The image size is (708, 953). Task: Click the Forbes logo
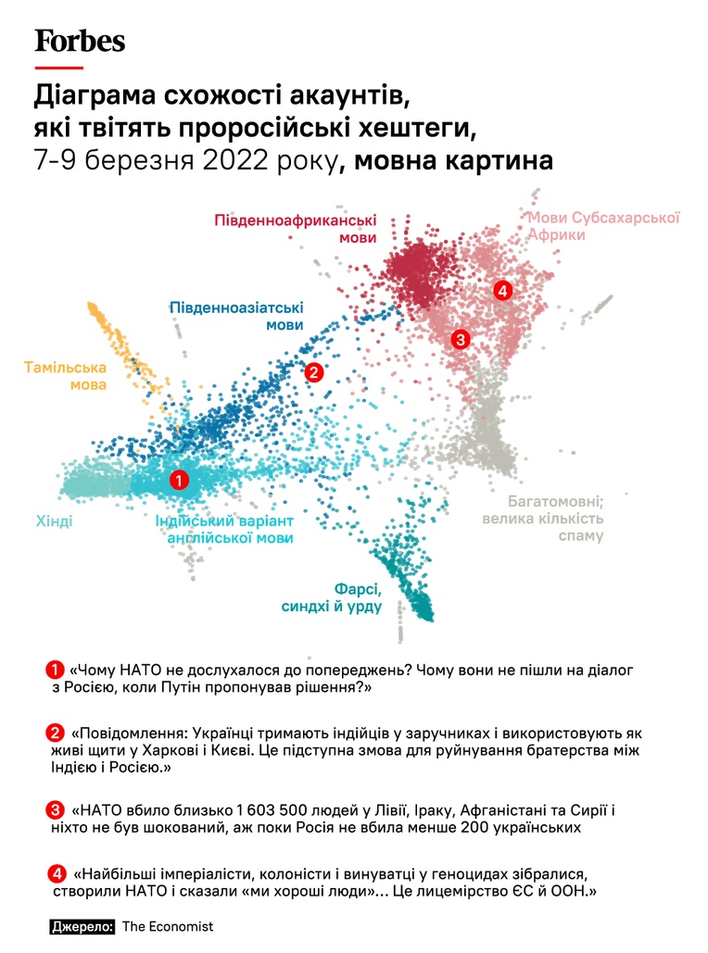click(x=80, y=42)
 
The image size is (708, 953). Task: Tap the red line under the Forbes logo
click(x=59, y=67)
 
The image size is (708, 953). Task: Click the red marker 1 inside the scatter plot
click(x=179, y=481)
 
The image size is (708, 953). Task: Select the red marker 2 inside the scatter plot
click(x=313, y=372)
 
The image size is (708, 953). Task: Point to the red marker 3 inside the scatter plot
click(x=461, y=339)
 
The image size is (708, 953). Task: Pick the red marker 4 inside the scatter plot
click(x=502, y=291)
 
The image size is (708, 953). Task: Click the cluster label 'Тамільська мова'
click(x=66, y=376)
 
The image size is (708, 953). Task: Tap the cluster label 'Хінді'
click(x=54, y=520)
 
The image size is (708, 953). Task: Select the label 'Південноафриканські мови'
click(x=296, y=229)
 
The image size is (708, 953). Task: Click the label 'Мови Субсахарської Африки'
click(x=603, y=226)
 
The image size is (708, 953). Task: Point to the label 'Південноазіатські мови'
click(x=236, y=316)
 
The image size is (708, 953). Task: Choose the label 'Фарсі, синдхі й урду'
click(x=332, y=597)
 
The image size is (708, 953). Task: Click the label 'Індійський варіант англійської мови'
click(x=224, y=530)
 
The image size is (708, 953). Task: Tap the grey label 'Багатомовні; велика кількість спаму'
click(x=543, y=519)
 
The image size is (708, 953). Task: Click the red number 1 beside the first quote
click(x=55, y=671)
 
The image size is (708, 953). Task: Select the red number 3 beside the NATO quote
click(x=55, y=810)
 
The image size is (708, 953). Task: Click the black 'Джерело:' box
click(x=82, y=926)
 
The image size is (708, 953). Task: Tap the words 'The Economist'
click(x=168, y=926)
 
